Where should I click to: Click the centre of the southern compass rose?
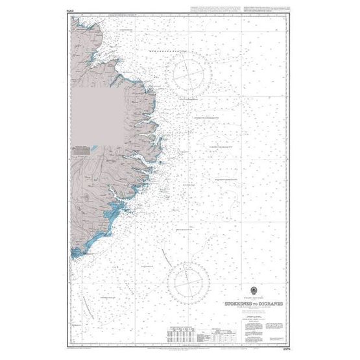(x=187, y=283)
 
